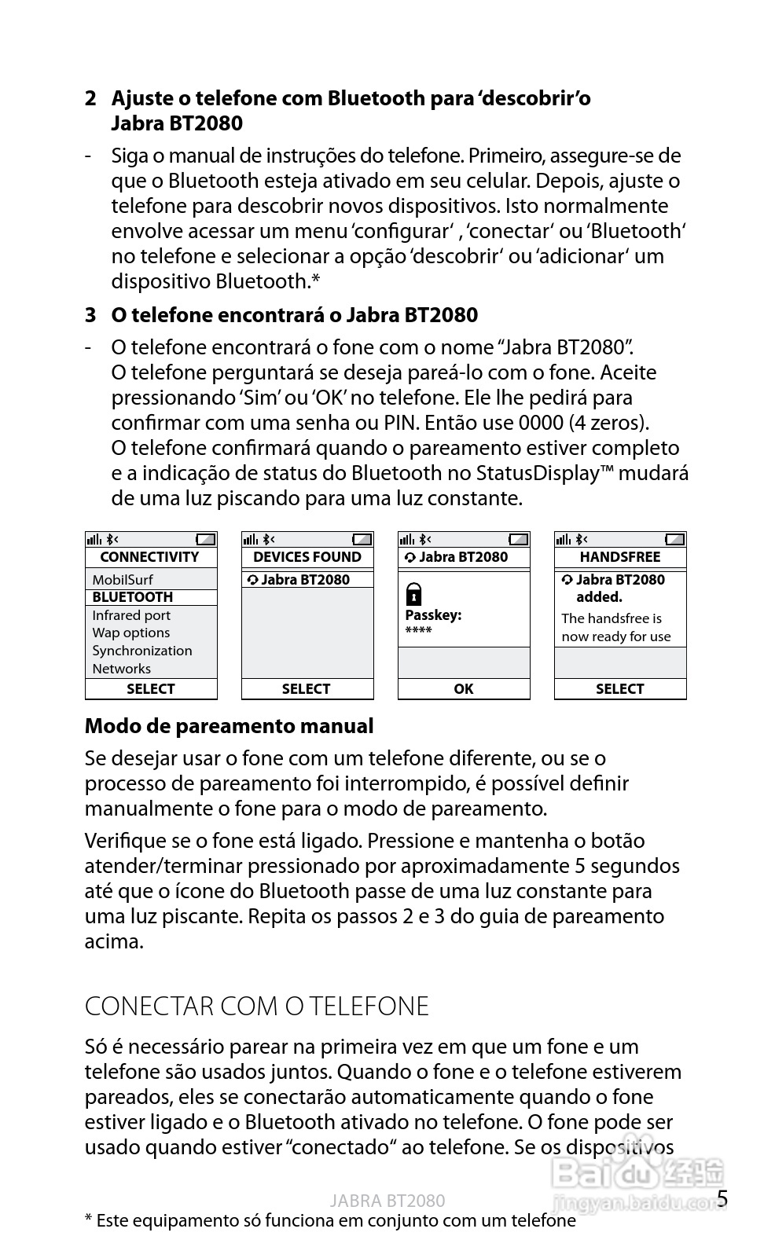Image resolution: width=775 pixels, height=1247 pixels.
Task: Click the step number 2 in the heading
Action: pos(91,99)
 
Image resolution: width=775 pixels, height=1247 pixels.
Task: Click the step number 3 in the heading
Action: pos(91,316)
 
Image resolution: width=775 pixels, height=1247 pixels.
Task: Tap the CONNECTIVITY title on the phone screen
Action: pos(149,557)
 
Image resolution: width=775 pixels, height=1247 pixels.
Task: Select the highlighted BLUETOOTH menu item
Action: pos(133,597)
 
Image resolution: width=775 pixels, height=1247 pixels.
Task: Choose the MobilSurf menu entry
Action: pos(123,580)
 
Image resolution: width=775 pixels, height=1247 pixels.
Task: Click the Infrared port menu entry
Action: pos(131,615)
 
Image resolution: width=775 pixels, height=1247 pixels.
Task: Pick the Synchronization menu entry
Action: pos(142,651)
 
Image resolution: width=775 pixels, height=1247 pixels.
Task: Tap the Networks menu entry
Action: pos(122,669)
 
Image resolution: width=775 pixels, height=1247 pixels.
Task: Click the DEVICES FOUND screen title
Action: pos(307,557)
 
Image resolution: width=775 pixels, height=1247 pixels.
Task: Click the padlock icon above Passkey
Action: pos(413,593)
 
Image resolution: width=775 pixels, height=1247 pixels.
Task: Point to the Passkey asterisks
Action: pos(418,631)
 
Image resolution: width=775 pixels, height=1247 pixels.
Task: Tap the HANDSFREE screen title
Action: pos(620,557)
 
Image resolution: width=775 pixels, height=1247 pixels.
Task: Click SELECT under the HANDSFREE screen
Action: pos(620,689)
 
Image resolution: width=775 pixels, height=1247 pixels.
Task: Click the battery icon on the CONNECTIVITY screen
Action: pos(206,539)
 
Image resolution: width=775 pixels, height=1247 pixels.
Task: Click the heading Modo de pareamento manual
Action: pos(229,726)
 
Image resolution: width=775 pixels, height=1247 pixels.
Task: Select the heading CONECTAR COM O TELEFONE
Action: pos(257,1007)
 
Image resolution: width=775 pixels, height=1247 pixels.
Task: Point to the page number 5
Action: pos(722,1199)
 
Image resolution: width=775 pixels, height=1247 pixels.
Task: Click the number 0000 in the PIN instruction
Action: pos(540,423)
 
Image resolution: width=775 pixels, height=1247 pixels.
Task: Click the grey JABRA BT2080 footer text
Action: pos(387,1201)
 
